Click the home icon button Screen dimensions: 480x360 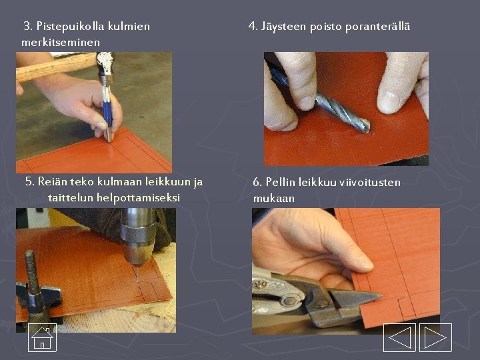42,337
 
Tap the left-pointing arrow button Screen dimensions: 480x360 399,337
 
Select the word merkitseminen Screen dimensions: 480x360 61,42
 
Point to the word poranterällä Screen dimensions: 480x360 377,27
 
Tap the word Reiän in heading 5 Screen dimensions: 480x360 52,181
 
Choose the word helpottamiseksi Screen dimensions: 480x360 138,197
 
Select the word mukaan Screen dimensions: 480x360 274,199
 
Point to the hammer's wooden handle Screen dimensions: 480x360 56,67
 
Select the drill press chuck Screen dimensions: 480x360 137,235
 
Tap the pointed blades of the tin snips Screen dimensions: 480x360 357,298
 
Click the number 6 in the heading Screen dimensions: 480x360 257,182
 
